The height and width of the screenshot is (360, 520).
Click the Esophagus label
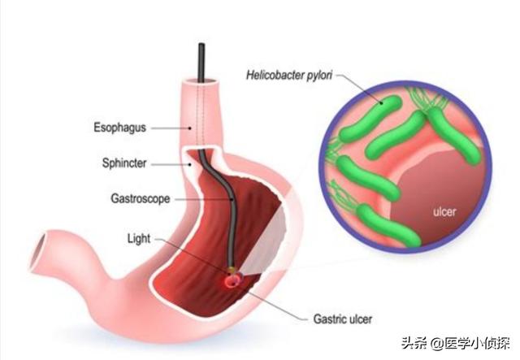[119, 128]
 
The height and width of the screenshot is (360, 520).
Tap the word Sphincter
[124, 163]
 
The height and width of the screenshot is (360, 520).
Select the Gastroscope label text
[141, 199]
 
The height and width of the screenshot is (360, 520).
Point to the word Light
[139, 239]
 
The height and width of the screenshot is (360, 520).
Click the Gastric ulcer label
[343, 319]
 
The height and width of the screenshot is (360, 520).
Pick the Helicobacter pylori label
[289, 75]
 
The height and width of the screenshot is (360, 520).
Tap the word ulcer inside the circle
[444, 211]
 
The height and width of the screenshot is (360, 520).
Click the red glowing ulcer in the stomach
[232, 280]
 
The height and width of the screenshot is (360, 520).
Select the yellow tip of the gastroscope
[232, 270]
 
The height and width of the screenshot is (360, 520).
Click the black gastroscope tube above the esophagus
[201, 63]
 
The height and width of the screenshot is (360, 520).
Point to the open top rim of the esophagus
[201, 82]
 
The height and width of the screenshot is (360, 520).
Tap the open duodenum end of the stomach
[38, 251]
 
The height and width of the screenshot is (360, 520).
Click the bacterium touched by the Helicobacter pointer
[370, 119]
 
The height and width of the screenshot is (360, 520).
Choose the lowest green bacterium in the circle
[388, 225]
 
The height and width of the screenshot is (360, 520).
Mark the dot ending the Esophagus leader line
[190, 128]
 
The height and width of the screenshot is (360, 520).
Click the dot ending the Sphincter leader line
[189, 164]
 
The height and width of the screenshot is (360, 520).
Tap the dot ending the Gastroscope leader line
[232, 199]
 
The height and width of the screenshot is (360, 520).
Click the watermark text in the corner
[455, 343]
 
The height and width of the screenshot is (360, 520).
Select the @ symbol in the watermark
[437, 344]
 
